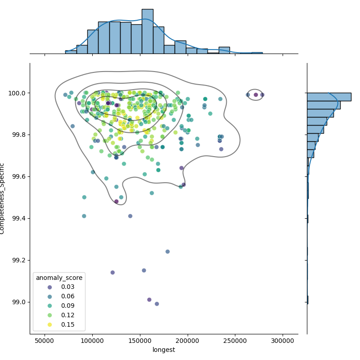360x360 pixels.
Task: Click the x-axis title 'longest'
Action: (x=164, y=350)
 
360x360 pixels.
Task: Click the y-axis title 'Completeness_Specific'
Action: (x=3, y=198)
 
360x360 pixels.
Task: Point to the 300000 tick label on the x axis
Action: (x=283, y=342)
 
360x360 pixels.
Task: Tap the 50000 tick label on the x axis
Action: (x=45, y=342)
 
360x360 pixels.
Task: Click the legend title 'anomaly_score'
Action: (x=58, y=278)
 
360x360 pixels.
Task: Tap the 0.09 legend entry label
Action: (x=67, y=306)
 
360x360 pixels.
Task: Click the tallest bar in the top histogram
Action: (x=147, y=31)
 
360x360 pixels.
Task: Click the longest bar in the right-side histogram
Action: (x=328, y=97)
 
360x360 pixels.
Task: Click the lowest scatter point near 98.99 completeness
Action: (x=157, y=304)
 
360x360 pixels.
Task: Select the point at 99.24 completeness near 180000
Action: (x=167, y=252)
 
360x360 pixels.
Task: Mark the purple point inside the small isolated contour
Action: (x=256, y=94)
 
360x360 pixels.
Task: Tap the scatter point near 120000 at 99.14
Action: (x=112, y=272)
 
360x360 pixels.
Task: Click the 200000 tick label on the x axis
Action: (x=188, y=342)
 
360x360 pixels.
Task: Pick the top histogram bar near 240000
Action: (x=224, y=50)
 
